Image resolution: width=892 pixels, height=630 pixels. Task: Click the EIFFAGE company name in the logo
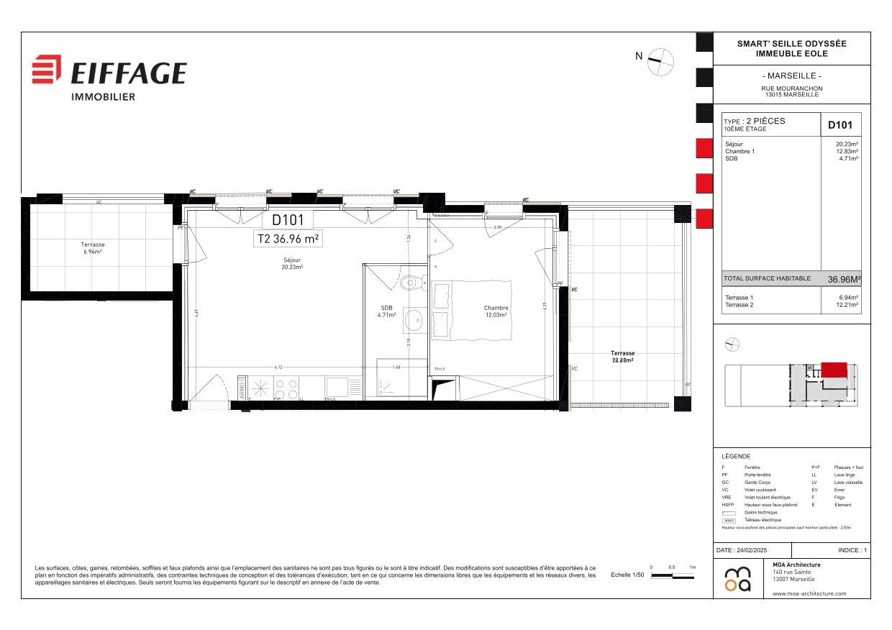tap(128, 73)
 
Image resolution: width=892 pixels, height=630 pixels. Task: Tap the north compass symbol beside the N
tap(660, 62)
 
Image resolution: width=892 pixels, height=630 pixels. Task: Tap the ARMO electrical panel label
tap(242, 389)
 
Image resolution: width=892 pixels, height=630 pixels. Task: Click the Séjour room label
tap(292, 263)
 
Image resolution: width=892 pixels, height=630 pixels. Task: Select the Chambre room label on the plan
tap(496, 311)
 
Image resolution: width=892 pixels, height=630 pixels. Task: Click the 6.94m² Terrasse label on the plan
tap(94, 248)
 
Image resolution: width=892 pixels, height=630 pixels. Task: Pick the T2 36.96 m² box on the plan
tap(288, 238)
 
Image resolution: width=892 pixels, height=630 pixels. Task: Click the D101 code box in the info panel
tap(840, 124)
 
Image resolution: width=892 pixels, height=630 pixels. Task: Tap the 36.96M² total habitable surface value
tap(844, 279)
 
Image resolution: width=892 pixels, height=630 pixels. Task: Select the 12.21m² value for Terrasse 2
tap(848, 305)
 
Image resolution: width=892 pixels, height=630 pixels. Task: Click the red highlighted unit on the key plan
tap(834, 370)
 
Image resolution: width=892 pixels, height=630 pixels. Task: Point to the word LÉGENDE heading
tap(736, 457)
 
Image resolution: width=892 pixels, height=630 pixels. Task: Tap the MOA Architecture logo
tap(738, 578)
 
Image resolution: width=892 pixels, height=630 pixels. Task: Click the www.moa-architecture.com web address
tap(809, 593)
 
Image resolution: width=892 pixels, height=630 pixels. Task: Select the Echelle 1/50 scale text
tap(627, 575)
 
